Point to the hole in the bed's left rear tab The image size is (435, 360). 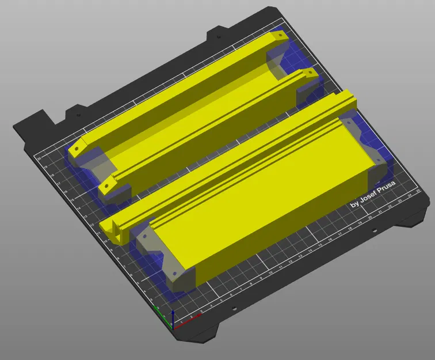click(x=75, y=113)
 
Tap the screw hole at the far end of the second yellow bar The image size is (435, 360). click(x=309, y=73)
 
